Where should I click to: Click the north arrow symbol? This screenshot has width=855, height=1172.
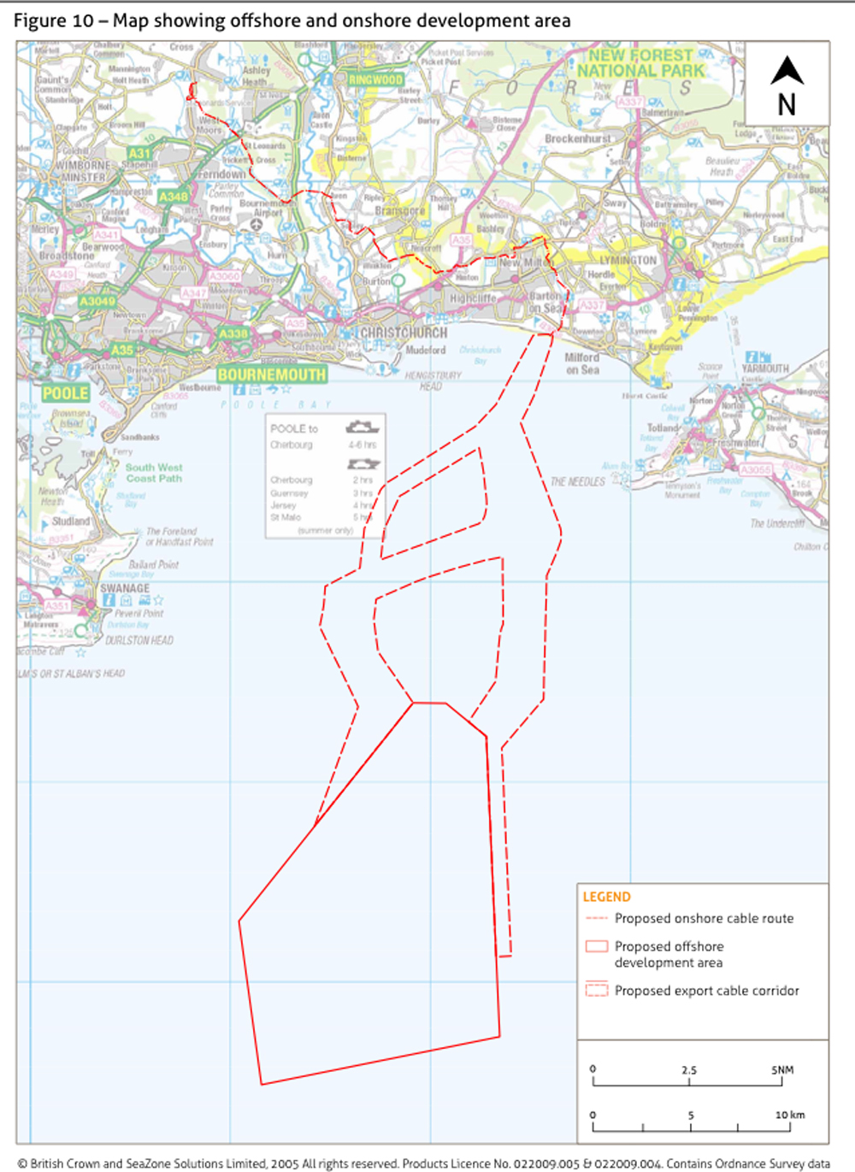(787, 71)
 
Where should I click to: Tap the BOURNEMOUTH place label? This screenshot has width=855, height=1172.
(271, 374)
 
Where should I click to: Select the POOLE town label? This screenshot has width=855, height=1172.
(66, 393)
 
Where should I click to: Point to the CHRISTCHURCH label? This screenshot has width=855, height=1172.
(403, 333)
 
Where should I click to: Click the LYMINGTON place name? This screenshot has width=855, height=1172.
(628, 260)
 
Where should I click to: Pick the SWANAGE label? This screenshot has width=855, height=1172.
(125, 588)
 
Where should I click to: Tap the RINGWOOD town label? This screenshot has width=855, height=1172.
(375, 80)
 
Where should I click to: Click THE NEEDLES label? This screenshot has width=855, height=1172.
(577, 482)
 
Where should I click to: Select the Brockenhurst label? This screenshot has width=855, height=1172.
(578, 138)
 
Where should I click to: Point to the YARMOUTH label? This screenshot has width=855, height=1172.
(764, 368)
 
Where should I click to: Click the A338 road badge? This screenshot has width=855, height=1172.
(233, 333)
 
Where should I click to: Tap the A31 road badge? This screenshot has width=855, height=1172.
(139, 154)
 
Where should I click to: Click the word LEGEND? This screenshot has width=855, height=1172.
(606, 897)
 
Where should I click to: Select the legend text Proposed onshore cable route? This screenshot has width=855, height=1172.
(704, 918)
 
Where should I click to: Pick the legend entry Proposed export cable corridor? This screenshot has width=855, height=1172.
(706, 991)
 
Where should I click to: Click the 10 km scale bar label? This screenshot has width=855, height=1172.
(789, 1115)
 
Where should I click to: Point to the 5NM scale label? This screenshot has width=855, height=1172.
(781, 1069)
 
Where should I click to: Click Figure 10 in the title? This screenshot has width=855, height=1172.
(53, 21)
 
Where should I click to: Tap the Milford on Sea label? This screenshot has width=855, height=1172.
(582, 363)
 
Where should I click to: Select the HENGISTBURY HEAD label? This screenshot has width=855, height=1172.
(433, 380)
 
